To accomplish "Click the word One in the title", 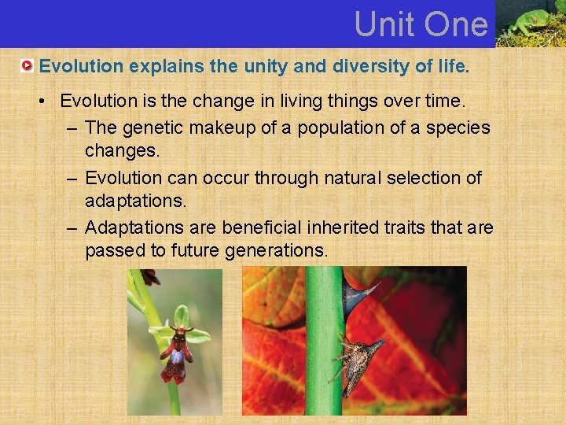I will pyautogui.click(x=457, y=24).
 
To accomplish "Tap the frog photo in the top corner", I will pyautogui.click(x=531, y=24).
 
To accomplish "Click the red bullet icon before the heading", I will pyautogui.click(x=28, y=67).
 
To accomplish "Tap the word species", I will pyautogui.click(x=458, y=128).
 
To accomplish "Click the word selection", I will pyautogui.click(x=429, y=178).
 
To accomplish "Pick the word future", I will pyautogui.click(x=193, y=251).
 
